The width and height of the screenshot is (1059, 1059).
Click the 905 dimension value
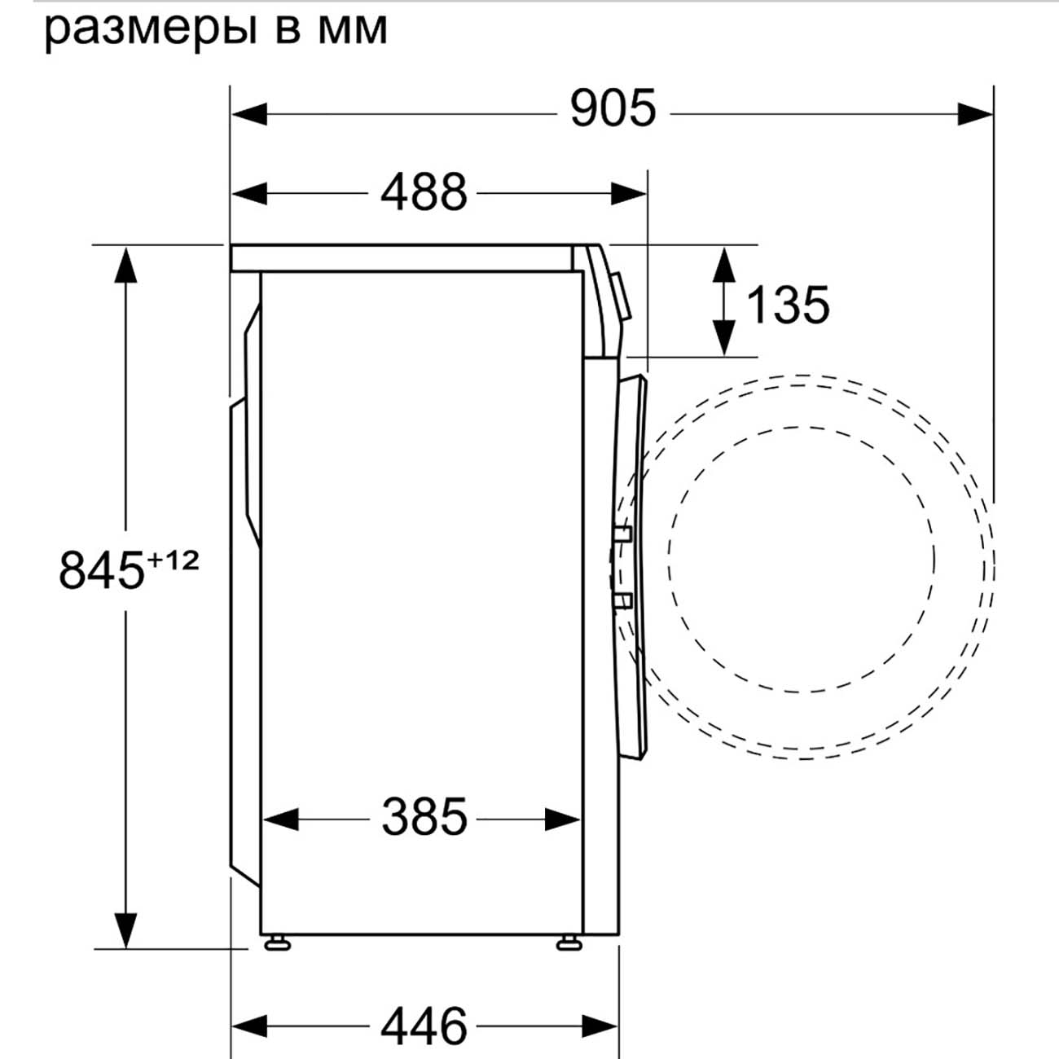pos(613,108)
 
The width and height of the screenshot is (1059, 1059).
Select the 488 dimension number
pos(424,193)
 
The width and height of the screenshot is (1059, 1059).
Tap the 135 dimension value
pos(788,305)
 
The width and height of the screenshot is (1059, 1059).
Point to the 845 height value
pos(101,569)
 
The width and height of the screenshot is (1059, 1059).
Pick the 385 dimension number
pos(424,818)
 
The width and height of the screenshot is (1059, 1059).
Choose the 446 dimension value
pos(424,1026)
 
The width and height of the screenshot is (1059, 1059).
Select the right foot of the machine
pos(566,943)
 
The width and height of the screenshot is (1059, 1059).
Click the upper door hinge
pos(623,535)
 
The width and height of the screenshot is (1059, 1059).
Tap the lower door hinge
pos(623,601)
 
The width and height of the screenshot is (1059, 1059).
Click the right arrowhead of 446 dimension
pos(600,1026)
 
